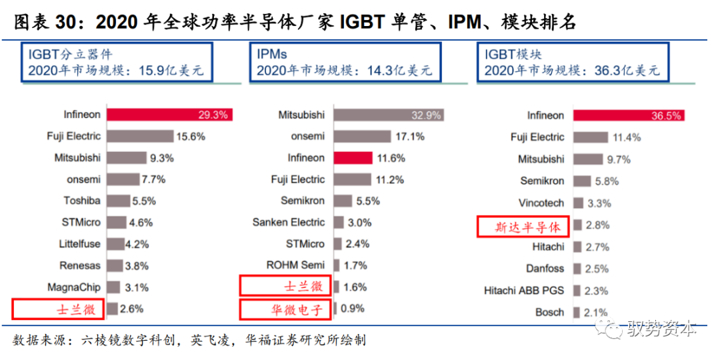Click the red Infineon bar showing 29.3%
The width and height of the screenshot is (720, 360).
click(x=169, y=114)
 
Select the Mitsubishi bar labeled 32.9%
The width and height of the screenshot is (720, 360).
click(x=389, y=115)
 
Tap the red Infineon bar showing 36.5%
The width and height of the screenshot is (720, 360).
click(x=629, y=115)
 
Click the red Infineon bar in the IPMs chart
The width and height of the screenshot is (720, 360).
click(x=353, y=158)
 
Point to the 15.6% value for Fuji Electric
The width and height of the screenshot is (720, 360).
click(x=191, y=136)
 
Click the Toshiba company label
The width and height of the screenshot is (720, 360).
click(x=82, y=201)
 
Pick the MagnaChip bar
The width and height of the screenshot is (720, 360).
click(x=113, y=287)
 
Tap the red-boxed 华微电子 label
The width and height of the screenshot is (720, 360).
click(x=287, y=309)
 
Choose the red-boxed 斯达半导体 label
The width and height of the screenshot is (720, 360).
click(x=523, y=226)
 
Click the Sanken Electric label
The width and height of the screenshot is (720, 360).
click(x=289, y=222)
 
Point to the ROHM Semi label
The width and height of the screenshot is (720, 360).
click(x=295, y=265)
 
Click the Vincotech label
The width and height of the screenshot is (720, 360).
click(x=541, y=203)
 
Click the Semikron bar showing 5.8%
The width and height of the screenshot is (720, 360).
click(x=581, y=181)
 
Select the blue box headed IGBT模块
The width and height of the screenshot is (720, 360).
click(x=573, y=63)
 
